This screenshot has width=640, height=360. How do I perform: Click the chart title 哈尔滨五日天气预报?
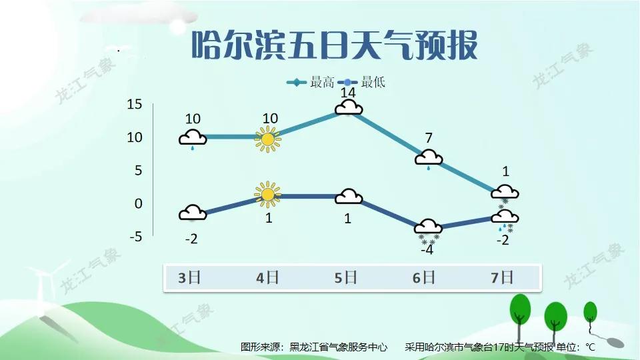(x=334, y=45)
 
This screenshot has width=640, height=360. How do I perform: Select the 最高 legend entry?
(x=311, y=82)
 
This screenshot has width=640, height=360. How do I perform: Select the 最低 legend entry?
(x=361, y=82)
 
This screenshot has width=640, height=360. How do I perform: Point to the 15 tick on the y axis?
(x=134, y=104)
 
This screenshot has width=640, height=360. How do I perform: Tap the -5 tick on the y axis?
(x=136, y=237)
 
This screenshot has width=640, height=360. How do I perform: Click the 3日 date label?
(x=189, y=278)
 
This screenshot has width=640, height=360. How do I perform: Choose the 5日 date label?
(x=346, y=278)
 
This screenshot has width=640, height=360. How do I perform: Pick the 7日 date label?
(x=502, y=278)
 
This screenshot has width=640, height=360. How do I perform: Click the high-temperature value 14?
(x=348, y=93)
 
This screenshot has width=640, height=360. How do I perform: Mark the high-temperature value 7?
(x=429, y=138)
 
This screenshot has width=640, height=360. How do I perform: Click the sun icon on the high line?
(x=268, y=139)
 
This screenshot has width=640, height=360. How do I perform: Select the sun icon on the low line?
(x=268, y=194)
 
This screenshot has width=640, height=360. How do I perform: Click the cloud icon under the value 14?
(x=349, y=108)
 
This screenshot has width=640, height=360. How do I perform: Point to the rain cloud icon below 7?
(x=429, y=159)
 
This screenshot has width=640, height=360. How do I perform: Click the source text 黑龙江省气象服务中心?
(x=339, y=347)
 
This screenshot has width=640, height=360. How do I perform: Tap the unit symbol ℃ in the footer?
(x=590, y=347)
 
